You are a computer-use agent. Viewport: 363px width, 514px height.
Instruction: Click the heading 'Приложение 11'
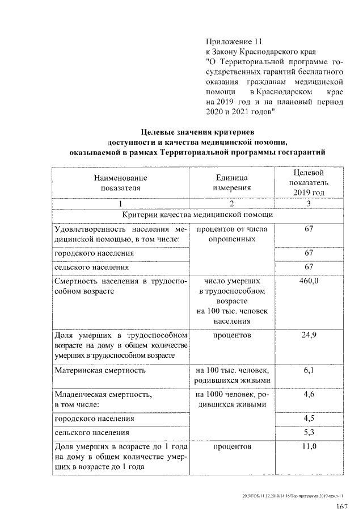pyautogui.click(x=234, y=41)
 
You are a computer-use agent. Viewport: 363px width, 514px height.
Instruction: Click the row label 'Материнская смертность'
pyautogui.click(x=100, y=370)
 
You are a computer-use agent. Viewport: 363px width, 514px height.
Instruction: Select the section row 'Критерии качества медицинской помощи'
pyautogui.click(x=198, y=215)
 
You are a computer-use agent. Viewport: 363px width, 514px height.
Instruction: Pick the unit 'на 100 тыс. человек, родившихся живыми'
pyautogui.click(x=231, y=375)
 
